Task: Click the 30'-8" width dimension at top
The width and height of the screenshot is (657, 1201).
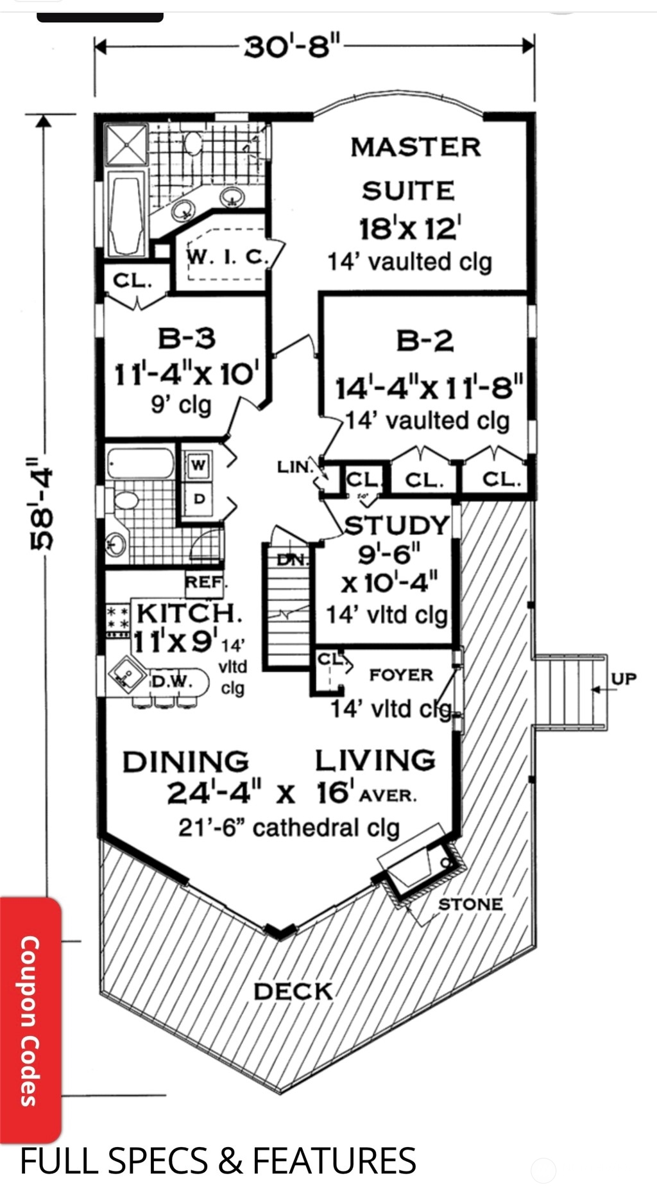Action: tap(293, 47)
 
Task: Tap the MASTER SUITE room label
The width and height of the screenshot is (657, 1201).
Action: tap(413, 169)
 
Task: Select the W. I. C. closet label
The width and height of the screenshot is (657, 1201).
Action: tap(225, 257)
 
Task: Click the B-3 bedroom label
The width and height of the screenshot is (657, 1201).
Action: tap(187, 338)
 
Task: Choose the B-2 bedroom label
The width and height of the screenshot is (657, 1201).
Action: tap(425, 340)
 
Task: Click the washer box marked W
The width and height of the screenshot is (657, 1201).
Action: tap(199, 465)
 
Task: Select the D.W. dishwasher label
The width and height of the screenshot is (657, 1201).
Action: tap(171, 681)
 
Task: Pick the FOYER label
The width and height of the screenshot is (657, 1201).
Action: tap(401, 675)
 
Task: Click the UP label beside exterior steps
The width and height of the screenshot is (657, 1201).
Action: tap(624, 678)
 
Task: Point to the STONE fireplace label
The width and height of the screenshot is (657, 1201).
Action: tap(470, 904)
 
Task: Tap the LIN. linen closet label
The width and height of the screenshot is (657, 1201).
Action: tap(294, 467)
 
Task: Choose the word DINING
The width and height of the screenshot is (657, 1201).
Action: tap(186, 762)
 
